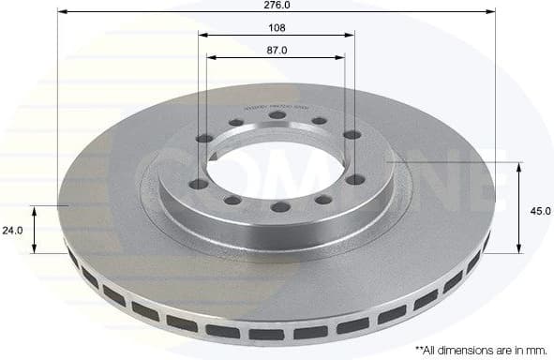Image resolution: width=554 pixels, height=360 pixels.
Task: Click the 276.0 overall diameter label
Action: click(276, 5)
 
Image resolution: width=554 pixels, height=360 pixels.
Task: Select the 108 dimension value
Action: click(276, 27)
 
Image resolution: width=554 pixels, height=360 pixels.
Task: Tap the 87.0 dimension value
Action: click(276, 50)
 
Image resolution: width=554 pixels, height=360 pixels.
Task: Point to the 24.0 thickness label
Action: click(11, 230)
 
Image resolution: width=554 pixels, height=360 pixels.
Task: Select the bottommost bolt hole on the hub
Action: click(279, 207)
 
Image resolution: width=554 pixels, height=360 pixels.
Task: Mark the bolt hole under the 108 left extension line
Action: click(203, 138)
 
